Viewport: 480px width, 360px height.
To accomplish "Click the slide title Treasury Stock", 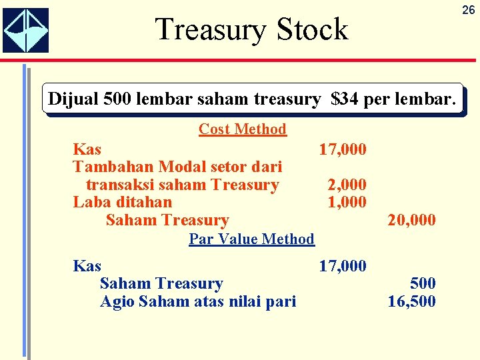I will tap(251, 29).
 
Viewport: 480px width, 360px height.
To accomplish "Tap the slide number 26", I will tap(468, 10).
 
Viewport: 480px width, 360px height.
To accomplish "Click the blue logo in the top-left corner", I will tap(25, 30).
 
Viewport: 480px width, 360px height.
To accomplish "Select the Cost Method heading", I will tap(242, 129).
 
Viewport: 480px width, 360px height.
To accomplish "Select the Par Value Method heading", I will tap(251, 238).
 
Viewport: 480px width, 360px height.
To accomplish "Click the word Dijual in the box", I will tap(73, 99).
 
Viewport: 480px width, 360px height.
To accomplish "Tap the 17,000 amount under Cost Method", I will tap(342, 149).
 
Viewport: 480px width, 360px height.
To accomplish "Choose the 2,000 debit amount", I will tap(347, 184).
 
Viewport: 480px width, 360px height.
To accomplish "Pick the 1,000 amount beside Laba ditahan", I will tap(347, 201).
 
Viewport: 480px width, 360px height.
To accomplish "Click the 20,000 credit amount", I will tap(411, 219).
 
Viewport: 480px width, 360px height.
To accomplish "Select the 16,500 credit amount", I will tap(411, 301).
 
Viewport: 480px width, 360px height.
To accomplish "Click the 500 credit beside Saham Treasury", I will tap(423, 283).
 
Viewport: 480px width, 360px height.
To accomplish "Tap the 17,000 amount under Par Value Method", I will tap(342, 266).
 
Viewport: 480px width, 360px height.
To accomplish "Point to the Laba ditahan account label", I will tap(122, 201).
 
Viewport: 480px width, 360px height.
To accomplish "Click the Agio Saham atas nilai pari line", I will tap(197, 301).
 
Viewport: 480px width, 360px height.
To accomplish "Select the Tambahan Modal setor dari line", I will tap(177, 166).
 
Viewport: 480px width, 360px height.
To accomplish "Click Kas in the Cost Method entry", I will tap(87, 149).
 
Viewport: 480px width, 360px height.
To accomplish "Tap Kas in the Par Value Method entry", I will tap(87, 266).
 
